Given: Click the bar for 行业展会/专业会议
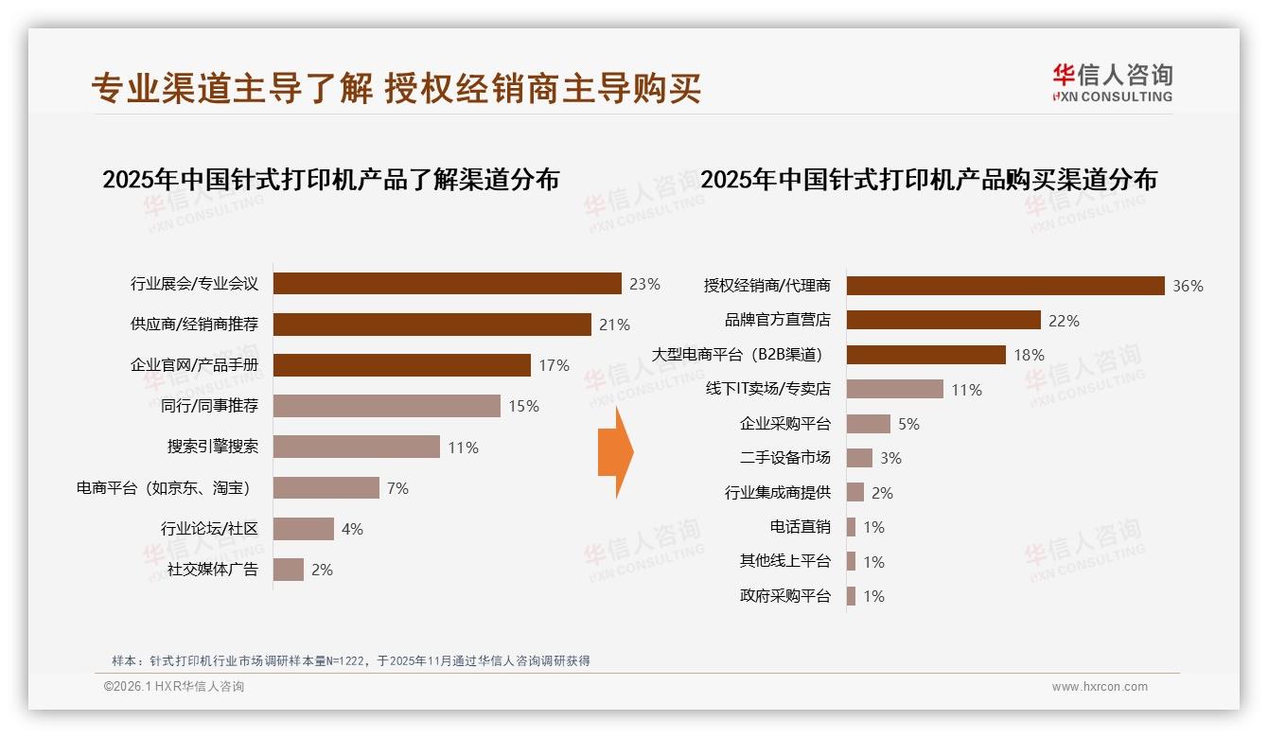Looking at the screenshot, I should click(447, 284).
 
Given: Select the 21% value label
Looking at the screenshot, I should click(614, 325).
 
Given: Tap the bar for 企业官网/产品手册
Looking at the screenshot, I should click(401, 365).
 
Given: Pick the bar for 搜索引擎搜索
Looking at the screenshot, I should click(356, 447).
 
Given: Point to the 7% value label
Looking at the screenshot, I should click(397, 488).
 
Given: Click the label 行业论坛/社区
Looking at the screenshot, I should click(209, 529).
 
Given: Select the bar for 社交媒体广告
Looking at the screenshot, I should click(289, 570).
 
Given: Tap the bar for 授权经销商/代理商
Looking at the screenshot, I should click(1005, 286).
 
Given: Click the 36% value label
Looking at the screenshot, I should click(1188, 286).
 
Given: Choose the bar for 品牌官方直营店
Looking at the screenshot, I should click(943, 320).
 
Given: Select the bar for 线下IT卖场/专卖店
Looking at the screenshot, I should click(894, 389).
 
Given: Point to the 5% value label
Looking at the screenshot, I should click(908, 424).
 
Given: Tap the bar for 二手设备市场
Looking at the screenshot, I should click(859, 458).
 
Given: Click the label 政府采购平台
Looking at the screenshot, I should click(784, 596).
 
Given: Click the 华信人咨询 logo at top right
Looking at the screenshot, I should click(1112, 82).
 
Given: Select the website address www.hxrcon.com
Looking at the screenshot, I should click(1100, 687).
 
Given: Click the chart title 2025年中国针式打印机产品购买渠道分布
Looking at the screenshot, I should click(928, 180).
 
